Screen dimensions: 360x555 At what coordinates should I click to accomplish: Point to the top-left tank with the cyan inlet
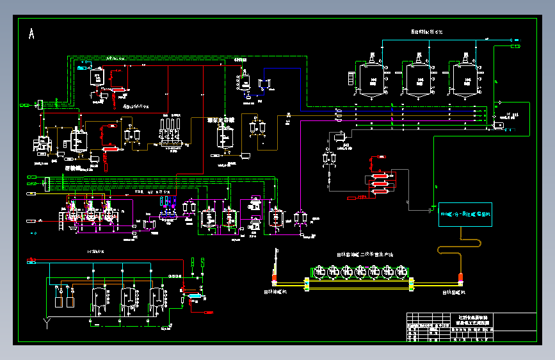tap(98, 76)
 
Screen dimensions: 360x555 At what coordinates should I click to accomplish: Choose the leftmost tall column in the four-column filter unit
tap(164, 127)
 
